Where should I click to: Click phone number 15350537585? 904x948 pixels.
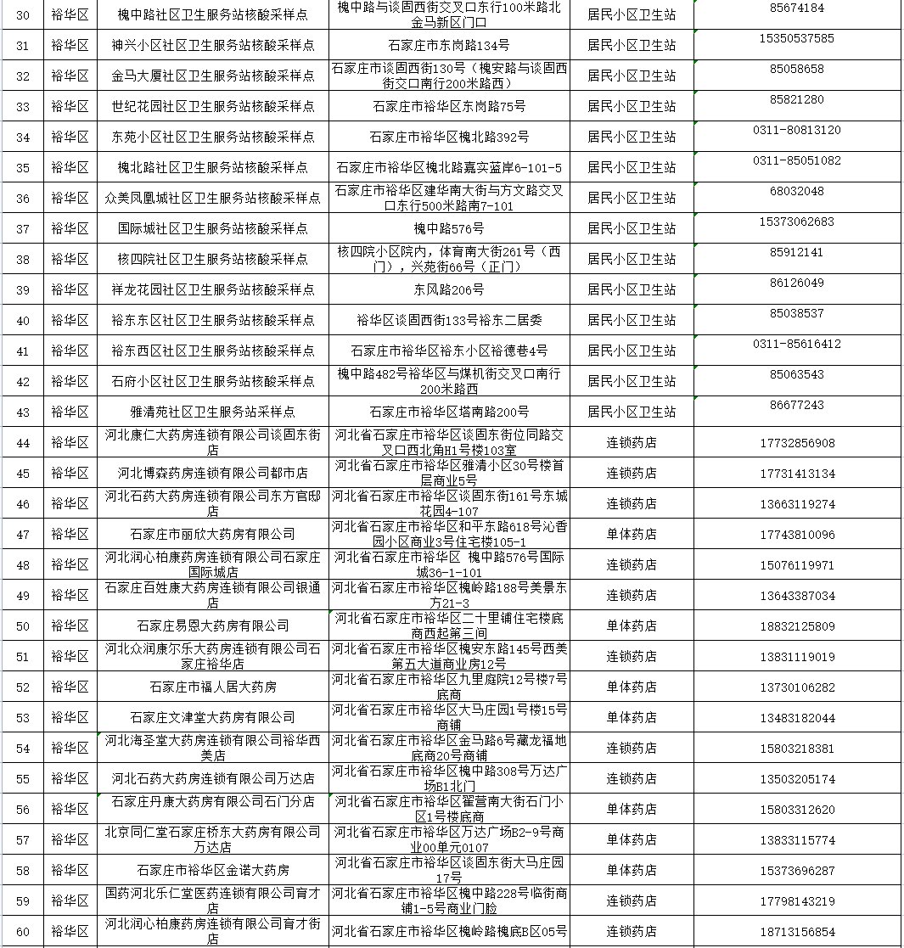pyautogui.click(x=796, y=38)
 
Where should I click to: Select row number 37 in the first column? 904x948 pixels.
pyautogui.click(x=23, y=229)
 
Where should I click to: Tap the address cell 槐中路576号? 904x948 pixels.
pyautogui.click(x=448, y=229)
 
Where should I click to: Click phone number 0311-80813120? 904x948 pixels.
pyautogui.click(x=796, y=130)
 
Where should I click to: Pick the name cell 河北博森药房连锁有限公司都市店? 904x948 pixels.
pyautogui.click(x=212, y=474)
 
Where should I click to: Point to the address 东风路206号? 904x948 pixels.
pyautogui.click(x=448, y=290)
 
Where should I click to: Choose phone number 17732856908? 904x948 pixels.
pyautogui.click(x=796, y=443)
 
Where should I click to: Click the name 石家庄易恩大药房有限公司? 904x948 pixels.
pyautogui.click(x=212, y=626)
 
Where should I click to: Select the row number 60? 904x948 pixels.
pyautogui.click(x=23, y=932)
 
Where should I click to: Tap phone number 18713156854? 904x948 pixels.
pyautogui.click(x=796, y=932)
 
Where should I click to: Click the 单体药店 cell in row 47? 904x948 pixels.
pyautogui.click(x=631, y=535)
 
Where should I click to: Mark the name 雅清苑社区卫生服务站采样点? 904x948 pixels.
pyautogui.click(x=212, y=412)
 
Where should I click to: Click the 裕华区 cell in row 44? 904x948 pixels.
pyautogui.click(x=70, y=443)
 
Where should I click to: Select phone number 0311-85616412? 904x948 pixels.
pyautogui.click(x=796, y=344)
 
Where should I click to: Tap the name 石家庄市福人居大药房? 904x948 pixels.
pyautogui.click(x=212, y=687)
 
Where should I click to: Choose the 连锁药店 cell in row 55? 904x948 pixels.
pyautogui.click(x=631, y=779)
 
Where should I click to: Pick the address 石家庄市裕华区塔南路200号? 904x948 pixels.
pyautogui.click(x=448, y=412)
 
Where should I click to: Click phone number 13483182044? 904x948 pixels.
pyautogui.click(x=796, y=718)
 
